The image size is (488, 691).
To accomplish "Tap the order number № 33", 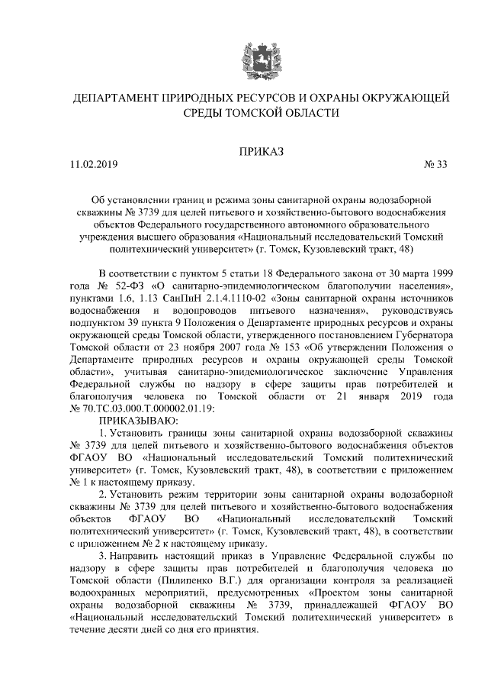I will coord(435,165).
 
